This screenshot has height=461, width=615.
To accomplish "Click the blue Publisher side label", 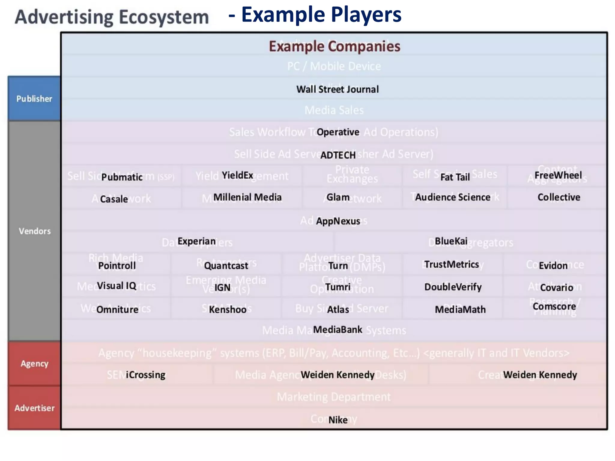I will click(x=34, y=99).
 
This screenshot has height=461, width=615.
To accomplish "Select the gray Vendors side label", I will click(x=35, y=231).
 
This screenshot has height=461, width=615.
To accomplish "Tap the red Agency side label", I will click(x=35, y=363).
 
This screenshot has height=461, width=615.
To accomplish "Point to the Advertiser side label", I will click(x=35, y=408).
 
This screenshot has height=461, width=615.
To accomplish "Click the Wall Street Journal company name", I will click(x=338, y=89).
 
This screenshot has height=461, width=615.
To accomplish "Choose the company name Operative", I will click(x=338, y=132).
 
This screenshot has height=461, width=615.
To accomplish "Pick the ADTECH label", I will click(x=338, y=155).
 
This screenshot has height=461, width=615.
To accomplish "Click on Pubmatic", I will click(x=122, y=177).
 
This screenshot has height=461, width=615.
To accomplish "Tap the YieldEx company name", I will click(x=237, y=175).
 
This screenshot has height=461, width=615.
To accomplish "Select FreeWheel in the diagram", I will click(x=558, y=175).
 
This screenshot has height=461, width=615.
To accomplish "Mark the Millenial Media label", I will click(x=247, y=197).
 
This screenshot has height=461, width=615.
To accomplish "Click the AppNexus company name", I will click(x=338, y=221).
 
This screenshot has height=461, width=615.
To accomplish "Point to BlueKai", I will click(x=451, y=241).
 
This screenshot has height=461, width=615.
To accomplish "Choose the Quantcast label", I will click(x=226, y=266).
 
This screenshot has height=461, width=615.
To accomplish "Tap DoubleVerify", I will click(x=453, y=287).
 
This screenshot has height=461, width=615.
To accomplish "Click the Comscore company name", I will click(x=554, y=306).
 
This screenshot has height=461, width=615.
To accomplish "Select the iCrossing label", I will click(x=145, y=375).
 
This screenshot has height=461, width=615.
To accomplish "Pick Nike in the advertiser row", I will click(x=338, y=420).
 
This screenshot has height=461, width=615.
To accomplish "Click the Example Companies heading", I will click(x=335, y=47).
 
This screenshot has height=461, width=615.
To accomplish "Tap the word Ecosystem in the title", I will click(x=164, y=17).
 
